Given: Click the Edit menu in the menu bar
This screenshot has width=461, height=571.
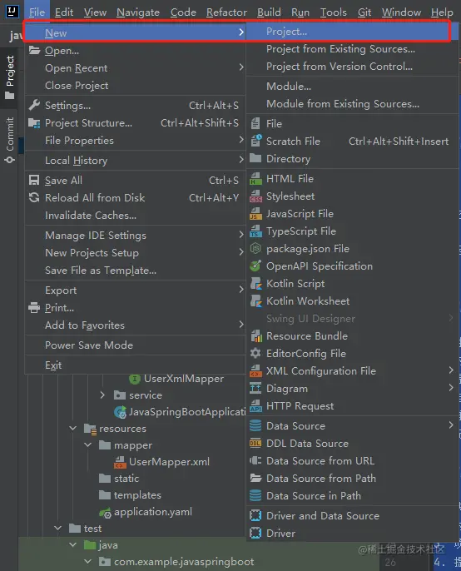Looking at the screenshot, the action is pyautogui.click(x=64, y=12).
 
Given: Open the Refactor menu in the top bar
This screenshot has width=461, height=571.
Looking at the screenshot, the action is pyautogui.click(x=226, y=12).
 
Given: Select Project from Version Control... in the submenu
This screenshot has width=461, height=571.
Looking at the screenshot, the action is pyautogui.click(x=340, y=67).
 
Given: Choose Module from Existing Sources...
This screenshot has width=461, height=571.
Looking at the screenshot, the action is pyautogui.click(x=343, y=104).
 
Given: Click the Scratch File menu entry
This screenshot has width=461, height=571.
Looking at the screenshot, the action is pyautogui.click(x=293, y=142).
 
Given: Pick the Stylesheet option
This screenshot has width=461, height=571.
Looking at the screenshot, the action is pyautogui.click(x=290, y=196).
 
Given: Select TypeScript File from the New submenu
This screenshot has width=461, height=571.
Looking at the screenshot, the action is pyautogui.click(x=301, y=231).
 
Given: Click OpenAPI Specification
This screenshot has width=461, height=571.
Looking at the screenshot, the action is pyautogui.click(x=320, y=266).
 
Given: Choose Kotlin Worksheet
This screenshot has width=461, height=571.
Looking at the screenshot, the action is pyautogui.click(x=308, y=301).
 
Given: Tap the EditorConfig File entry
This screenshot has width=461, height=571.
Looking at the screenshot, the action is pyautogui.click(x=306, y=354).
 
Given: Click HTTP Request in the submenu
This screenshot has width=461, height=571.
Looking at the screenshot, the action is pyautogui.click(x=300, y=406).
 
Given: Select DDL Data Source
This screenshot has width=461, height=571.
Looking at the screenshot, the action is pyautogui.click(x=307, y=444).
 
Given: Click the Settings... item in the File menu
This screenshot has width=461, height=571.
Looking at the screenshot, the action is pyautogui.click(x=67, y=106).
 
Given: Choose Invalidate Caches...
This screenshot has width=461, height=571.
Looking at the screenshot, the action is pyautogui.click(x=91, y=216).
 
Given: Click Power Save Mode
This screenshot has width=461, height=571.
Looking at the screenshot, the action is pyautogui.click(x=89, y=345).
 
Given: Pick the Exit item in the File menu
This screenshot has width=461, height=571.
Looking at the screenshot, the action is pyautogui.click(x=53, y=365).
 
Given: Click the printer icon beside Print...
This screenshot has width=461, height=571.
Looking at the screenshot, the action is pyautogui.click(x=34, y=308).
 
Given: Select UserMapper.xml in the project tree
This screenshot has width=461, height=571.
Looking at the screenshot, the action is pyautogui.click(x=169, y=462).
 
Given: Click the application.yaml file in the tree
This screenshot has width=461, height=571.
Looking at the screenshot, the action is pyautogui.click(x=153, y=512).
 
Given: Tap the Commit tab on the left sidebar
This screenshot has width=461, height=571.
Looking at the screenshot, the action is pyautogui.click(x=10, y=140).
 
